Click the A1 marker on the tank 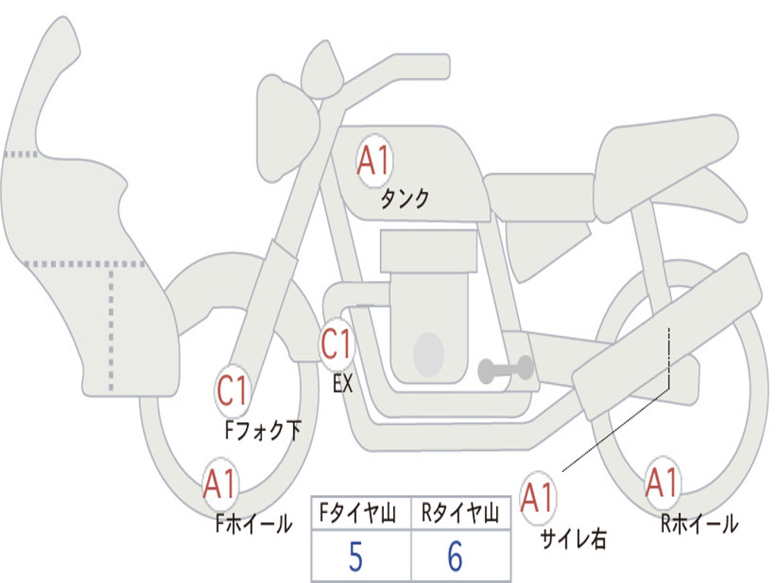click(374, 161)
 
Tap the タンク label click(404, 199)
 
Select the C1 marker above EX click(337, 345)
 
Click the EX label click(342, 383)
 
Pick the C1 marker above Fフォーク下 click(232, 390)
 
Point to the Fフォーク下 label click(263, 430)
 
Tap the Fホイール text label click(253, 524)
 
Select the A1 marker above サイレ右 click(538, 498)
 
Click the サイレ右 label click(574, 539)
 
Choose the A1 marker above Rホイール click(662, 482)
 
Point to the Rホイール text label click(699, 524)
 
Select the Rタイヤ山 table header click(460, 512)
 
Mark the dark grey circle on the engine click(429, 355)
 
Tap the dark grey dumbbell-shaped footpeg click(505, 369)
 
